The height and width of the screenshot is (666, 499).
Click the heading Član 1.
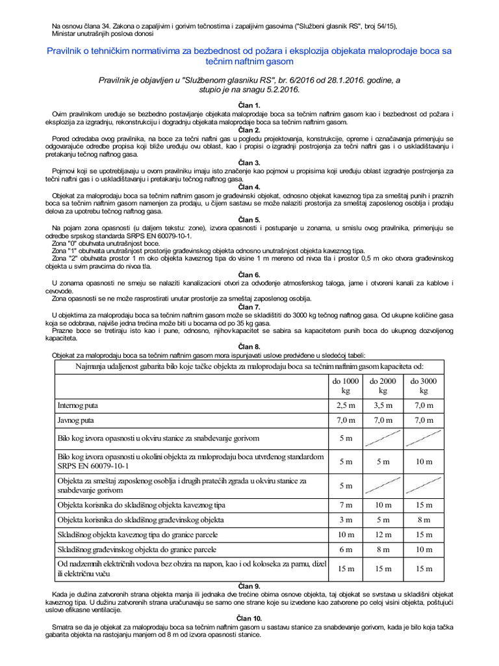click(x=249, y=105)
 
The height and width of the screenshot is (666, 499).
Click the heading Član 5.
click(x=249, y=220)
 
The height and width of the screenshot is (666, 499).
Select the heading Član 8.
click(x=249, y=347)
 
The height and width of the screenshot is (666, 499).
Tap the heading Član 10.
click(x=249, y=618)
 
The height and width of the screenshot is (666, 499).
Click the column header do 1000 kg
click(x=346, y=386)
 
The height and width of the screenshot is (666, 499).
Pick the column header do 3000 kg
click(x=424, y=386)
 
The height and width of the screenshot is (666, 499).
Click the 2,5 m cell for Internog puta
click(x=346, y=405)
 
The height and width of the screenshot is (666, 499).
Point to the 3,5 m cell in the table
click(x=384, y=405)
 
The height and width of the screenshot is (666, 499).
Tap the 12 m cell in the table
click(x=384, y=535)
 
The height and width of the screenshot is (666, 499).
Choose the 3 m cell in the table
click(x=346, y=520)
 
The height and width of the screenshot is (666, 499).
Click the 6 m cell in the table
click(x=346, y=550)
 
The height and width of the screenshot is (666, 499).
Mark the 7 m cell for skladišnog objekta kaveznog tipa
click(x=346, y=505)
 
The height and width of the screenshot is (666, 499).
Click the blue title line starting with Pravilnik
click(x=249, y=51)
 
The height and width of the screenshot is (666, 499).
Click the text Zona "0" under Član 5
click(x=65, y=242)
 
